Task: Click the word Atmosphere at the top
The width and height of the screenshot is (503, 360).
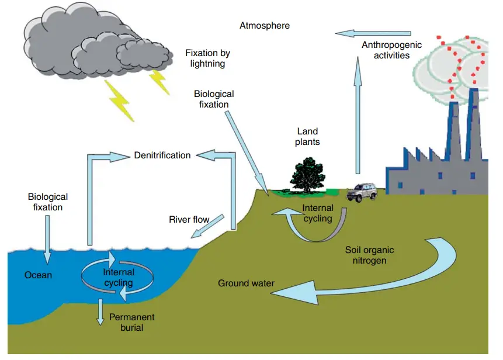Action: pos(264,26)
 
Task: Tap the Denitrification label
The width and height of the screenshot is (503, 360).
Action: pos(162,155)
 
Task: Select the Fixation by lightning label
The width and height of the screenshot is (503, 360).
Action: pos(207,58)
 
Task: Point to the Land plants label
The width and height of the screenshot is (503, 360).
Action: pos(308,137)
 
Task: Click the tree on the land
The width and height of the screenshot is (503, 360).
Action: pos(307,174)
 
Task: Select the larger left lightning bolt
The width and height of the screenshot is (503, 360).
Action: pos(120,99)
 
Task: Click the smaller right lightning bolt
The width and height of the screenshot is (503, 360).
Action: pos(160,82)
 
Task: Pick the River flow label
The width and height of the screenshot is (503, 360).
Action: pos(189,220)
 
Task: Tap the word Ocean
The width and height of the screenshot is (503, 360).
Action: pos(38,275)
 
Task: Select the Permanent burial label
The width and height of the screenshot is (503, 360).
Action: pos(131,322)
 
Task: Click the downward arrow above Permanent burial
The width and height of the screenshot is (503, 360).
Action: pos(100,311)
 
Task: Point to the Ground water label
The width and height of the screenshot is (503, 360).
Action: pos(246,283)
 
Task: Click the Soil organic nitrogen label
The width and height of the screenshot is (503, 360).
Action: pos(366,255)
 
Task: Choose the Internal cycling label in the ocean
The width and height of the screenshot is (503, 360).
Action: pos(119,278)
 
